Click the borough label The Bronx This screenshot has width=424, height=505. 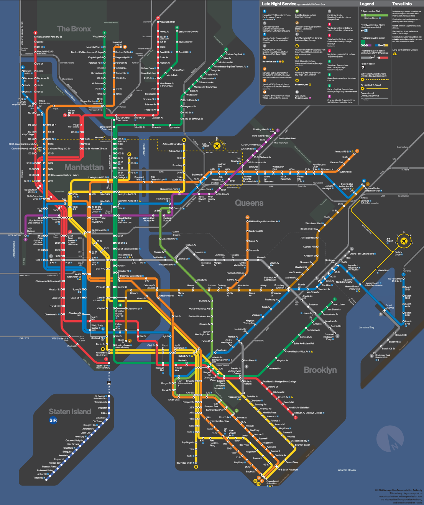(74, 29)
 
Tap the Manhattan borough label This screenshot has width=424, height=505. (84, 167)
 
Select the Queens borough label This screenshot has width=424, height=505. (249, 203)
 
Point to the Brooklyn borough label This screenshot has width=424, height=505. (320, 370)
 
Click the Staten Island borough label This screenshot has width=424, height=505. (70, 412)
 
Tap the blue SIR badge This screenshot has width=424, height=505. (53, 420)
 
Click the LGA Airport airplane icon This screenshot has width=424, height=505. (217, 146)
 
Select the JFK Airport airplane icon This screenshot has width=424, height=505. (404, 241)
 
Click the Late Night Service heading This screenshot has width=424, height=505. (279, 4)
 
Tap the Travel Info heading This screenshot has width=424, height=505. (402, 4)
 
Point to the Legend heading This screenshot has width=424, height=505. (366, 4)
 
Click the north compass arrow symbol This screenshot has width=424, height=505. (390, 439)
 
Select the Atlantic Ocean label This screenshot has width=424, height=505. (347, 470)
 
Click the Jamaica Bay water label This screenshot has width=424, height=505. (366, 327)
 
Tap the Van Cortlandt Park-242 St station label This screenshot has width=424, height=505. (49, 37)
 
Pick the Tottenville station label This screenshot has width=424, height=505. (38, 478)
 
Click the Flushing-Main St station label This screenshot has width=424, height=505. (261, 130)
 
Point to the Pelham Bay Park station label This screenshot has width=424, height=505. (234, 54)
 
